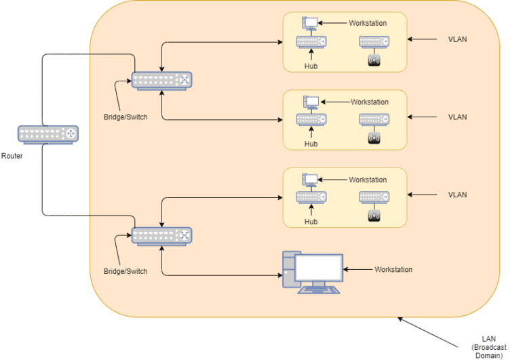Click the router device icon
click(x=48, y=134)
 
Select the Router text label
click(x=12, y=155)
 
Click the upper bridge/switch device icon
click(x=162, y=81)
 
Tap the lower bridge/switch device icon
click(x=162, y=236)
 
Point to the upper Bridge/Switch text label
click(x=126, y=117)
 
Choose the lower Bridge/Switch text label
click(x=126, y=271)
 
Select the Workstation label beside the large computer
click(x=393, y=269)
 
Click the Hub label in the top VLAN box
click(x=311, y=67)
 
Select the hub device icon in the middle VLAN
click(x=311, y=119)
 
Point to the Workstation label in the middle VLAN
click(x=370, y=102)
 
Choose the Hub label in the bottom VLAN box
click(x=311, y=222)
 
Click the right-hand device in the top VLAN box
click(x=374, y=41)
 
